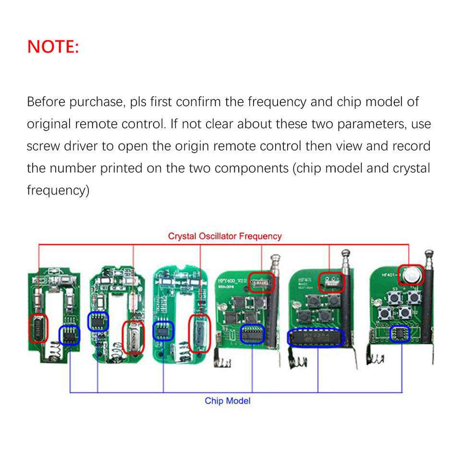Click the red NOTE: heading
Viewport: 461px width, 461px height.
point(53,47)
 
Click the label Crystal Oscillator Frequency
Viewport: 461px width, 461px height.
point(225,236)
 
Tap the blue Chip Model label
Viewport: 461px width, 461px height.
point(228,400)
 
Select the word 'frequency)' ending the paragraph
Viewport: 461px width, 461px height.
point(58,190)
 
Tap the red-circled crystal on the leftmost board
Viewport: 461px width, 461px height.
point(39,329)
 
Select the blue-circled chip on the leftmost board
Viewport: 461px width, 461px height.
point(69,335)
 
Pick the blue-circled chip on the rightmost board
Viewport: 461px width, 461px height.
point(400,333)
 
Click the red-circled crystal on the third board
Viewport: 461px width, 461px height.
point(198,333)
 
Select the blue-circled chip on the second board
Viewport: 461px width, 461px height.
point(98,321)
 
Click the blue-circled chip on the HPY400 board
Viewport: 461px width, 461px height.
point(253,334)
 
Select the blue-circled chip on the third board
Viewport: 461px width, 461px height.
point(163,331)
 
